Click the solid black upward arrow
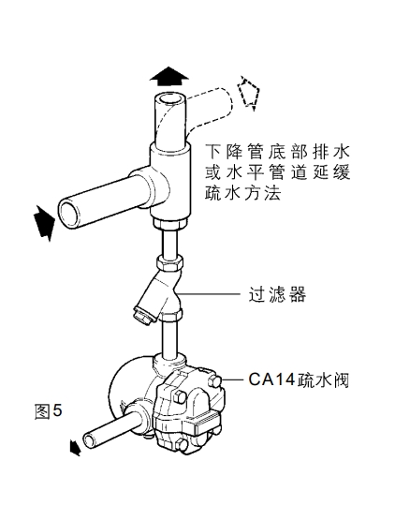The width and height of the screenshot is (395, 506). point(168,76)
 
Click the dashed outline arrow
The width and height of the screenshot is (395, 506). point(248,93)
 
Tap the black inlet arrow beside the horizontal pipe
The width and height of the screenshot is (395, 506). point(44,223)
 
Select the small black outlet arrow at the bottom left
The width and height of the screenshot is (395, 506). point(74,448)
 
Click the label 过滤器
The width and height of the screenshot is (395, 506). point(277,293)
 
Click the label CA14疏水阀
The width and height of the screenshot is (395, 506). point(299,379)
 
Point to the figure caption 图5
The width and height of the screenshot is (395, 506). point(48,411)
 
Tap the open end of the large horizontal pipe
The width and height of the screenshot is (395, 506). point(69,215)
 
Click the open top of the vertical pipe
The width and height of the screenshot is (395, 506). point(170,99)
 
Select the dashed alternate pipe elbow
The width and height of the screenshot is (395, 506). point(209,107)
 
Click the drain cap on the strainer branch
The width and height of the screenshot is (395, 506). point(142,314)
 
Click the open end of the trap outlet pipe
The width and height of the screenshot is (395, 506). point(89,440)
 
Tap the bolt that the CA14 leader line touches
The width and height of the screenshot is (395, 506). point(215,381)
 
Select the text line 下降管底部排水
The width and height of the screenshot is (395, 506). point(278,152)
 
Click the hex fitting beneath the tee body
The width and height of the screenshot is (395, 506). point(170,224)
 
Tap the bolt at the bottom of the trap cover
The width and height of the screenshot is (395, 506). point(183,445)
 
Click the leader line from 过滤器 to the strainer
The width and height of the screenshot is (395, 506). point(209,293)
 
